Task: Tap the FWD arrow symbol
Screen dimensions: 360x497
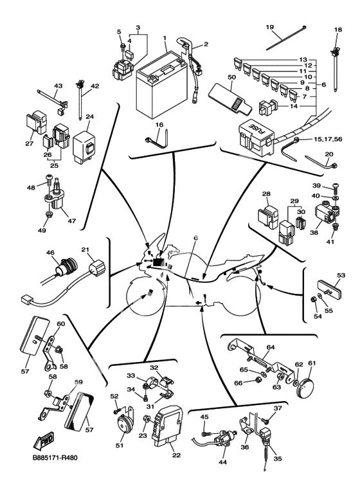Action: click(44, 440)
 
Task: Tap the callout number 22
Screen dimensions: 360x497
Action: click(176, 455)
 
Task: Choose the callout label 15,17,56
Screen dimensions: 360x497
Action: click(328, 139)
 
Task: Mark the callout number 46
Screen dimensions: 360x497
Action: click(50, 253)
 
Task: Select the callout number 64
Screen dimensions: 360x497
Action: click(270, 347)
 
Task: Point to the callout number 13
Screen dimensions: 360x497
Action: click(303, 60)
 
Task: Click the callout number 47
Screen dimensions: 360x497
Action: click(71, 221)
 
